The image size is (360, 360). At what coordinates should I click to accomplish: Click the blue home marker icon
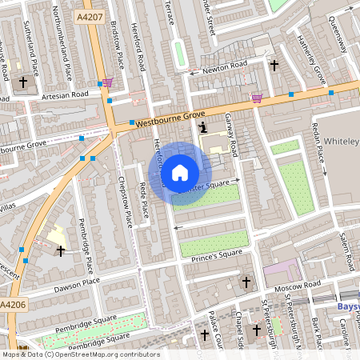180,173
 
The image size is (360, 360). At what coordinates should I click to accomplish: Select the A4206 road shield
12,306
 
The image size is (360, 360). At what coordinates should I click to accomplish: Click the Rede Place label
144,200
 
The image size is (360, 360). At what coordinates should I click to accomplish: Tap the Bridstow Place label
118,44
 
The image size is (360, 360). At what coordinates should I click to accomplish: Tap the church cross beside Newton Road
274,65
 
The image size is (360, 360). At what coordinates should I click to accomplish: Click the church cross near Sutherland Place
23,81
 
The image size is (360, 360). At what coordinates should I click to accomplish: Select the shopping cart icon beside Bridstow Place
108,83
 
